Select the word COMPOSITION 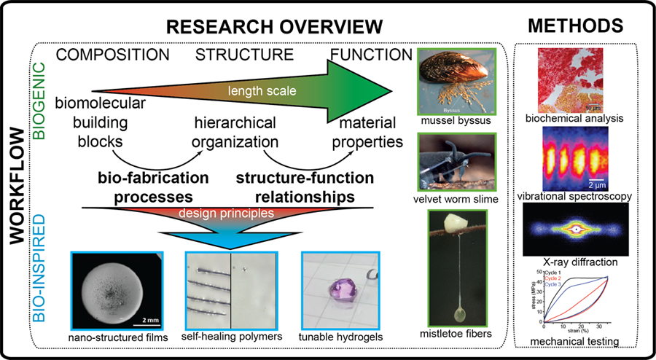113,55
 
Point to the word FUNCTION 371,55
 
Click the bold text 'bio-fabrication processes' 153,187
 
